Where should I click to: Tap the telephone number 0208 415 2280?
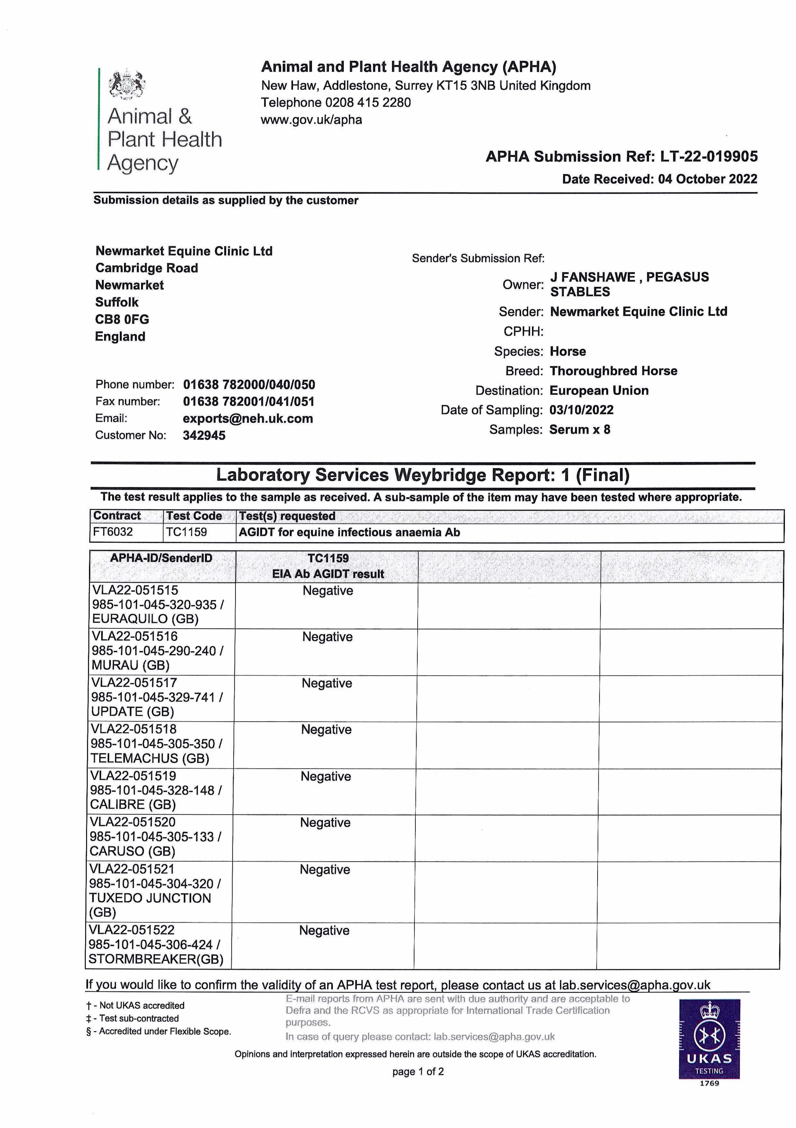click(368, 103)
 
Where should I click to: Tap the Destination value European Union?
click(599, 391)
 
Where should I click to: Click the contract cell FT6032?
click(113, 532)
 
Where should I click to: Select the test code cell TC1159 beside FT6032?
click(187, 532)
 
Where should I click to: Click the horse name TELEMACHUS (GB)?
click(150, 758)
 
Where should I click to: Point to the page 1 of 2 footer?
click(418, 1072)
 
